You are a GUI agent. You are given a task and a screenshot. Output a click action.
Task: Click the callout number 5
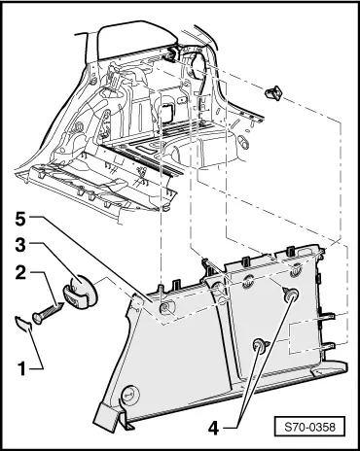tap(20, 220)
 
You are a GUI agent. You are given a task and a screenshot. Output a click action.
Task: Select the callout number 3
tap(20, 245)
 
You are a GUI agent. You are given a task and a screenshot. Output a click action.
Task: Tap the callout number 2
tap(20, 273)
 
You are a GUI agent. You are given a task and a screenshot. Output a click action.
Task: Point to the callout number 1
tap(21, 369)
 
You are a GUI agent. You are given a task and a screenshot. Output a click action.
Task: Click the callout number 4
tap(214, 429)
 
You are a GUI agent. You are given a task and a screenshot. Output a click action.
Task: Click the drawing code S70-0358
tap(309, 427)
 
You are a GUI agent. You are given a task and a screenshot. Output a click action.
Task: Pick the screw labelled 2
tap(47, 312)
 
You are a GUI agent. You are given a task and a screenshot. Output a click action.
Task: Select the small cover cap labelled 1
tap(23, 324)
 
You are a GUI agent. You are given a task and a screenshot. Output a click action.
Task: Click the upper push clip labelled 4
tap(290, 295)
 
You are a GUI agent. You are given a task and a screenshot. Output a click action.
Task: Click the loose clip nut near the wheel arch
tap(273, 92)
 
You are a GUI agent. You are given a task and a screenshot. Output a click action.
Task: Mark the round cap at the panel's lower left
tap(129, 395)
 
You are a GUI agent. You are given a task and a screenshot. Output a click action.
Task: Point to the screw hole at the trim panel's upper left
tap(164, 307)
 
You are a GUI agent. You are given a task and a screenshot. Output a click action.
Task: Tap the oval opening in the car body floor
tap(243, 142)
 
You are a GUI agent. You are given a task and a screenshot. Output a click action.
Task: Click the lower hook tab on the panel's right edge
tap(328, 346)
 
